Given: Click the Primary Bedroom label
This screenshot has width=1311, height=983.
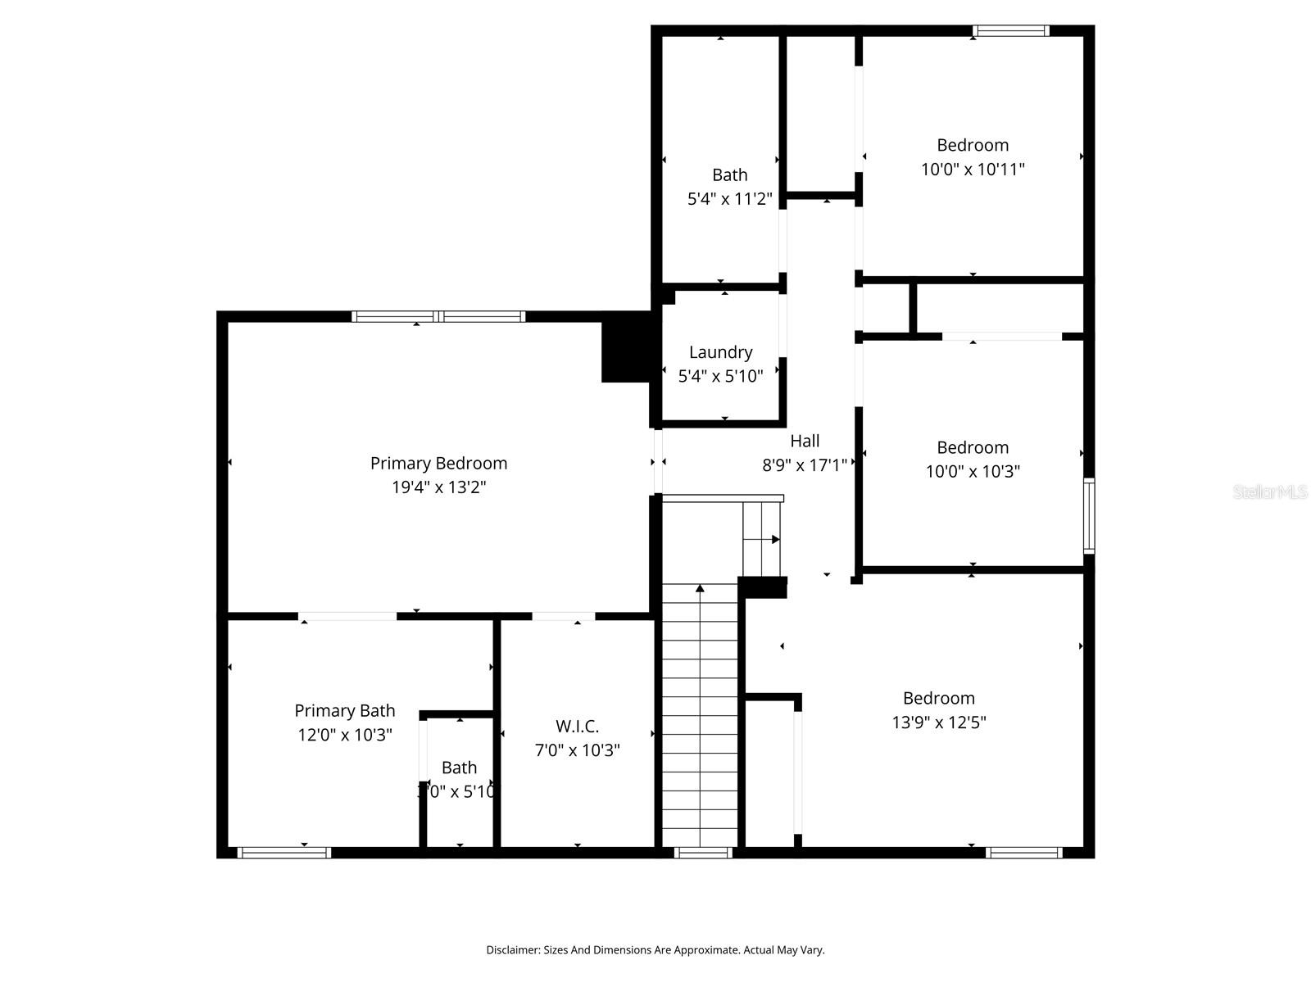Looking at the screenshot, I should point(438,464).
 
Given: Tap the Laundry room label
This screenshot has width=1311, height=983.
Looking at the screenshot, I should point(720,352).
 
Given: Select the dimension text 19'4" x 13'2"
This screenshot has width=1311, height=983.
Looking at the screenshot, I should point(438,487).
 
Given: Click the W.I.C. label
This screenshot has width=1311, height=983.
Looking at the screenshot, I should point(577,727).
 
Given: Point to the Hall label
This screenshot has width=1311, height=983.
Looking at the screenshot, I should point(804,442).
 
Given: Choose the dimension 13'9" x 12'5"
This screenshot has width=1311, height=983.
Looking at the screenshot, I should point(938,723).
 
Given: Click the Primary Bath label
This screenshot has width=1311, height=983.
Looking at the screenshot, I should point(344,711).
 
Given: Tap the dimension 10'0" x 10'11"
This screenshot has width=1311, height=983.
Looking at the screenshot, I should point(973,170).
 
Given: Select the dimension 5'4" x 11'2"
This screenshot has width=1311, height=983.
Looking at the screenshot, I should point(729,199).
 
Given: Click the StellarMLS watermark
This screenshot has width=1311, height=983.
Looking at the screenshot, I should point(1270,492).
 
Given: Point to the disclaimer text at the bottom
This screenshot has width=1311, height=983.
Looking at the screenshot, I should point(655,950).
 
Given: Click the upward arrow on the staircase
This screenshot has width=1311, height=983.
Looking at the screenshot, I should point(700,588).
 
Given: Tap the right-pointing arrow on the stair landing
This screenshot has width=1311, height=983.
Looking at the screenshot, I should point(774,539).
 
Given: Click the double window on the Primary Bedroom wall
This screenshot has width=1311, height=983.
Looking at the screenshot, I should point(438,317).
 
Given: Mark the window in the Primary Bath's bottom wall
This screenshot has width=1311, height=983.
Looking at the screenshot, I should point(284,853).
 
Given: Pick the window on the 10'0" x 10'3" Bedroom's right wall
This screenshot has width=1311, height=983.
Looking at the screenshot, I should point(1089,516).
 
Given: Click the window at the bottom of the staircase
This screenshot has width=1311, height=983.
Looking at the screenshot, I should point(703,853).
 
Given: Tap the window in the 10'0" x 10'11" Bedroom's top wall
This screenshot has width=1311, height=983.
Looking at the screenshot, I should point(1010,31).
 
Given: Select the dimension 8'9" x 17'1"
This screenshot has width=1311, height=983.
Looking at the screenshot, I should point(804,466).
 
